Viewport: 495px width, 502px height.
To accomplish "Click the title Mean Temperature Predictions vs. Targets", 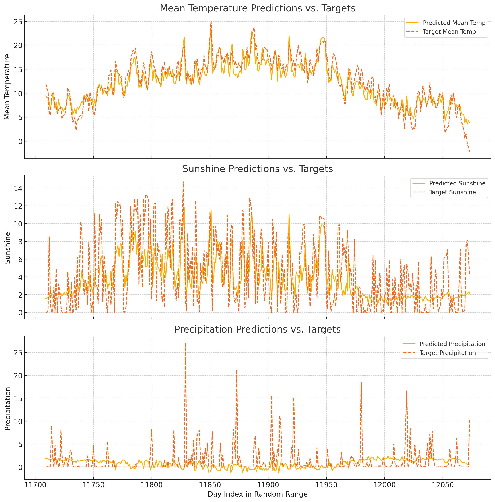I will (257, 8).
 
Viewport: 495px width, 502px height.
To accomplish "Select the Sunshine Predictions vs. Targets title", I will (257, 169).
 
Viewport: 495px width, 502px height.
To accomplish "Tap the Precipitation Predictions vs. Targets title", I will (257, 329).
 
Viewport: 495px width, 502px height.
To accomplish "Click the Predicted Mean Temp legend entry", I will (454, 23).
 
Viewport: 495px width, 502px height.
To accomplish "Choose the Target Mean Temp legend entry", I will (449, 32).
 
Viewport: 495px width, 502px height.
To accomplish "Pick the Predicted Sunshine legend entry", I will (457, 183).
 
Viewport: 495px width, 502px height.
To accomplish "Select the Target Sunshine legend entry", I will (452, 192).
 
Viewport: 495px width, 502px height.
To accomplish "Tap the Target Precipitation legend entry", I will (448, 353).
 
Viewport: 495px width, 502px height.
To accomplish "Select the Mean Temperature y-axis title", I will (7, 87).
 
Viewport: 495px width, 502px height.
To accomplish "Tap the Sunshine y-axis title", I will (7, 248).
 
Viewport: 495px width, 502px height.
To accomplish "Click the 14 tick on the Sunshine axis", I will (18, 188).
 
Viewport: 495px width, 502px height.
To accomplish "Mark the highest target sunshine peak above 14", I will (183, 182).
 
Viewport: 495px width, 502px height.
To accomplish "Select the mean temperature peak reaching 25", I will (211, 21).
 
